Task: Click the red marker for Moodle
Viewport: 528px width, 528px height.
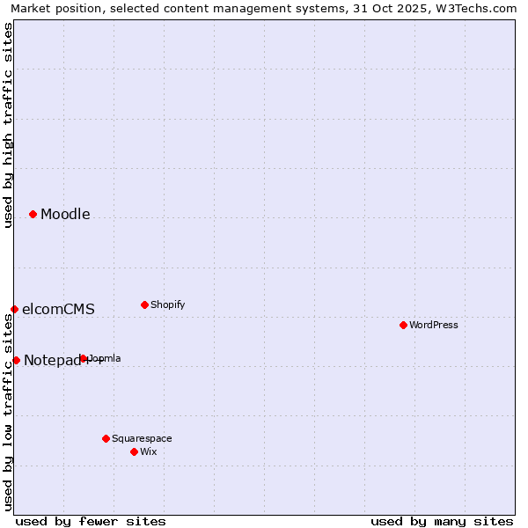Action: point(33,214)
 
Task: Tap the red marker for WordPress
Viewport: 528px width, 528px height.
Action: point(403,325)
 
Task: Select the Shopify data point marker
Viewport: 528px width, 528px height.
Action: point(144,304)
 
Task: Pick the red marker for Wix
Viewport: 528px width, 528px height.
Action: point(134,451)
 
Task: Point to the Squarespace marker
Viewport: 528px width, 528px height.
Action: point(106,438)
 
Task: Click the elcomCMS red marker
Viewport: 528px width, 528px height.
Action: point(14,309)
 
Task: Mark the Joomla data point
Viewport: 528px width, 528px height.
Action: point(84,358)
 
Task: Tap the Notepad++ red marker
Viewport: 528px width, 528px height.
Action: point(16,360)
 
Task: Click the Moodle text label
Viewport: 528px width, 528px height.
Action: point(65,215)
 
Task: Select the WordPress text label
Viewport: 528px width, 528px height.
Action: point(434,326)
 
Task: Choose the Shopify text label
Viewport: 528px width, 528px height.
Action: point(168,305)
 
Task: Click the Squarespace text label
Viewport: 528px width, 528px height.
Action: point(142,439)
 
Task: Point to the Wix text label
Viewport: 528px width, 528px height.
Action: point(149,452)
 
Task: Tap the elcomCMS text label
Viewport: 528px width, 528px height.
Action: point(58,310)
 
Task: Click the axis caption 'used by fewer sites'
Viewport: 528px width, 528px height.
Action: point(91,521)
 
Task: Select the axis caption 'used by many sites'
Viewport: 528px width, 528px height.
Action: point(442,521)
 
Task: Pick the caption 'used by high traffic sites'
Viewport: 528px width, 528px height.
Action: point(8,125)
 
